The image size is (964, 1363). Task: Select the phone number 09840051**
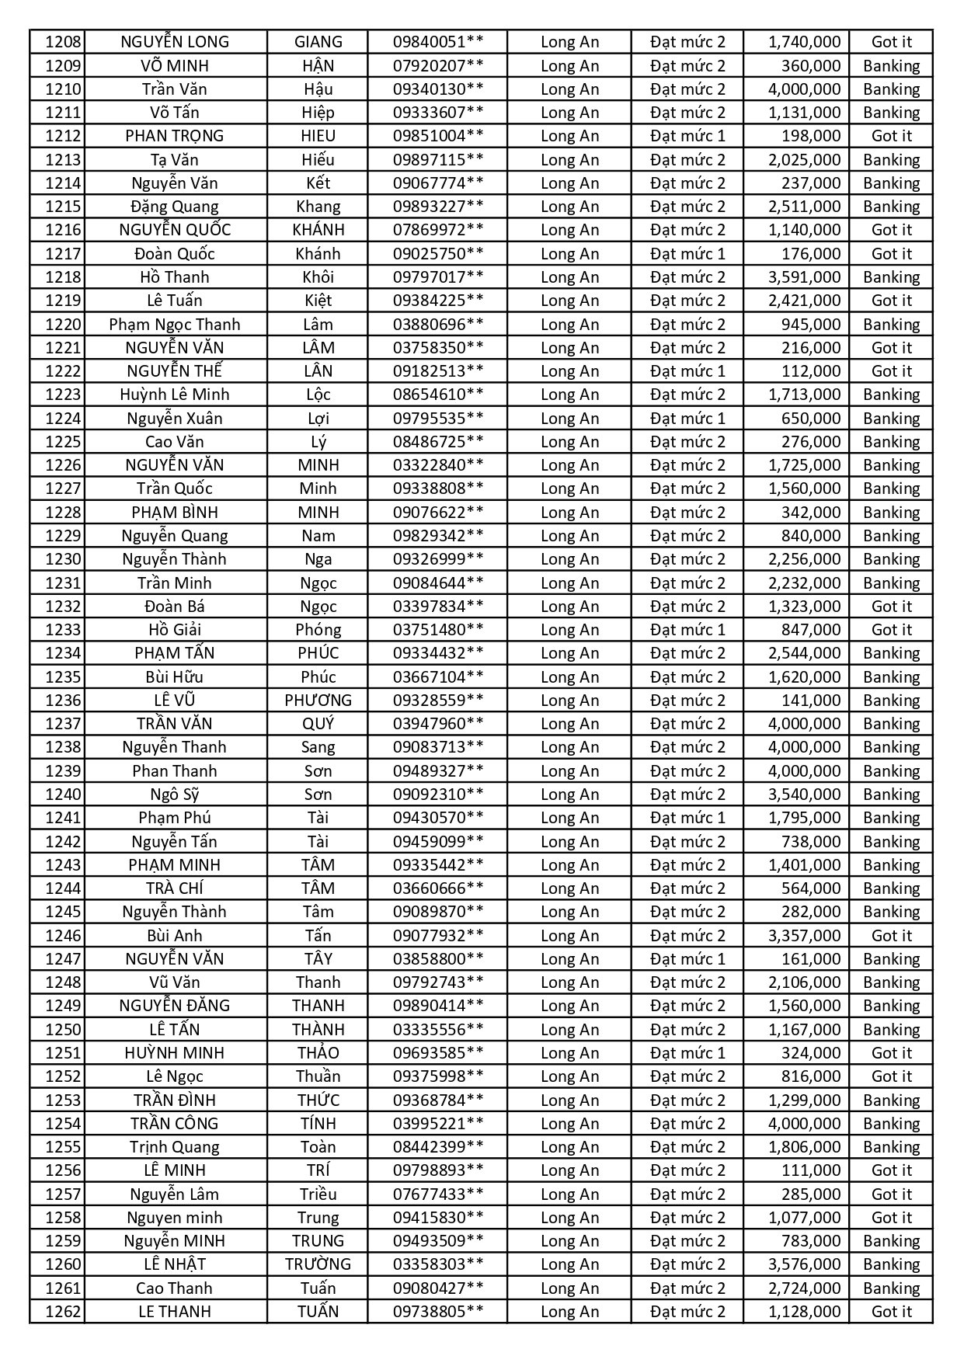pos(438,42)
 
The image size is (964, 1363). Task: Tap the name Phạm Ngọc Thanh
pos(175,325)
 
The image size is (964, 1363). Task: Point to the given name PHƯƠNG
pos(318,701)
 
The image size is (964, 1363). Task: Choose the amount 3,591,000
pos(804,277)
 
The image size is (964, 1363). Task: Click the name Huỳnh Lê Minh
pos(175,395)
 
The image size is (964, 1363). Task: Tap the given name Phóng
pos(318,630)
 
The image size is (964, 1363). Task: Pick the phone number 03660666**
pos(438,888)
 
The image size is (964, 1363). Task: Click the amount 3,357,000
pos(804,936)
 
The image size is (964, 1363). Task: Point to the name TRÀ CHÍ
pos(175,888)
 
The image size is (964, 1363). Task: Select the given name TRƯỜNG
pos(318,1264)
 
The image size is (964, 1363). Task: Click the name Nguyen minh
pos(175,1218)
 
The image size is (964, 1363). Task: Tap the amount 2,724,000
pos(804,1288)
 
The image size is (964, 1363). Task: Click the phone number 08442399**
pos(438,1147)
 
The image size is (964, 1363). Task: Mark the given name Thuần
pos(318,1076)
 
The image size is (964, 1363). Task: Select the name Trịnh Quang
pos(175,1147)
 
